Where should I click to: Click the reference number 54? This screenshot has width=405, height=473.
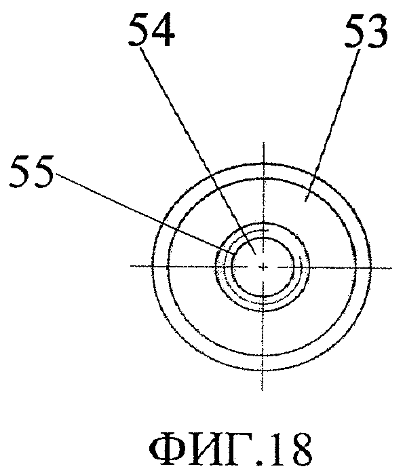pos(151,31)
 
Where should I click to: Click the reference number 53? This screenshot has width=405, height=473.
pos(366,31)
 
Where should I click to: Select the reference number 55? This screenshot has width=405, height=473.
pos(32,171)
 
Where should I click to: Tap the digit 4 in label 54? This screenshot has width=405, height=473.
pos(163,31)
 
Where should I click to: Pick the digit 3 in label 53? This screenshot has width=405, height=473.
pos(378,31)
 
